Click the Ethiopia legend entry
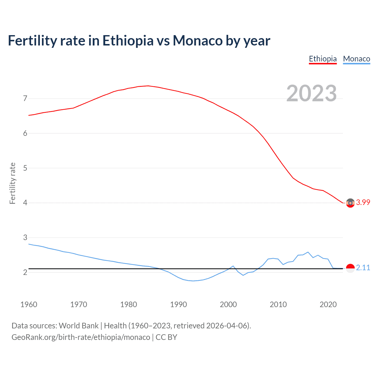coord(323,59)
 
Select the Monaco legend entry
coord(356,59)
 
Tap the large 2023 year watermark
coord(312,93)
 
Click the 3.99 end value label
coord(363,202)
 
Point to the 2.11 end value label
coord(363,268)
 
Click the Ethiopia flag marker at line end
coord(350,203)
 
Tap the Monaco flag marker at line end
coord(350,268)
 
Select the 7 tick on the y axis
coord(25,98)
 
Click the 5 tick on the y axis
coord(25,168)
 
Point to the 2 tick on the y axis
coord(25,272)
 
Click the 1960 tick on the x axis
coord(29,304)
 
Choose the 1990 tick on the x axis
coord(178,304)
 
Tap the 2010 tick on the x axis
coord(278,304)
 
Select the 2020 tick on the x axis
coord(328,304)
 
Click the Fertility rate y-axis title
coord(12,183)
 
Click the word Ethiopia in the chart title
coord(128,41)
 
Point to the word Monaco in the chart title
coord(198,41)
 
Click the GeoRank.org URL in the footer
coord(81,337)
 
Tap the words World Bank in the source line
coord(79,326)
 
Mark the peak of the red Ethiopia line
coord(148,86)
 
